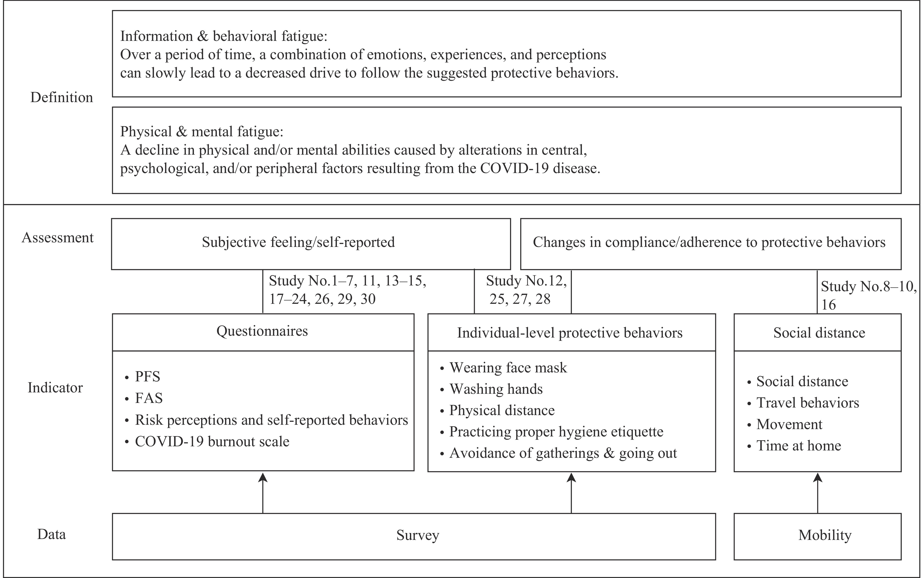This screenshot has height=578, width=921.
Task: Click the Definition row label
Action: [x=61, y=98]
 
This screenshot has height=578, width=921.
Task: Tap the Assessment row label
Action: [x=58, y=237]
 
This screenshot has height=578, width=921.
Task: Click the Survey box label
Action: [x=418, y=535]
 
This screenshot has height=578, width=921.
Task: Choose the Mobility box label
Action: [x=825, y=535]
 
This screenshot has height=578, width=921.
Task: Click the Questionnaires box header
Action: [x=262, y=331]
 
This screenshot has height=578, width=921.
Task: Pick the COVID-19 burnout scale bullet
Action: [x=207, y=441]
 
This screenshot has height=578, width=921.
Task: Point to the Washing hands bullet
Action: [x=491, y=389]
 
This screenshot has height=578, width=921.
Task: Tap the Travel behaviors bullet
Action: [x=803, y=403]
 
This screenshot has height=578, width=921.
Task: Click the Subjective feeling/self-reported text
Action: [x=298, y=242]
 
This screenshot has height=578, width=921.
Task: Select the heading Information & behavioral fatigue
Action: [x=224, y=36]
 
